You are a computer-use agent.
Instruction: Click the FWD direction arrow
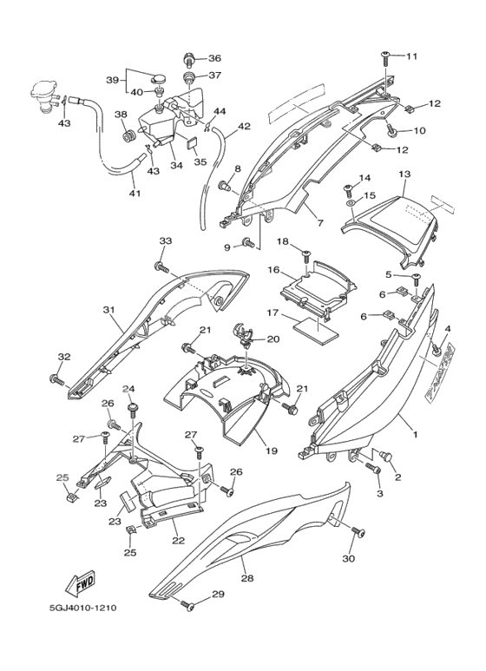(80, 582)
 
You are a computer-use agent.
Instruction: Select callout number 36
(214, 58)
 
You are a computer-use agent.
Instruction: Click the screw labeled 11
(385, 58)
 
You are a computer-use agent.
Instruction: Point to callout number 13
(404, 174)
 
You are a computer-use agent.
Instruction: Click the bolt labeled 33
(161, 268)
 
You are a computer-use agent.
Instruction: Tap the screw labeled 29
(187, 606)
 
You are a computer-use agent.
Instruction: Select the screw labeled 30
(358, 531)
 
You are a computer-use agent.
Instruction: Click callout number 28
(247, 578)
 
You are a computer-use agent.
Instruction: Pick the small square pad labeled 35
(193, 142)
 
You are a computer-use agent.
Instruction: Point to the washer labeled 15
(351, 202)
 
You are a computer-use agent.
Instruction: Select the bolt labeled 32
(57, 378)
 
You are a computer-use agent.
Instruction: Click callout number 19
(272, 451)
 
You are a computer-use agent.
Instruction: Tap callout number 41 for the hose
(135, 193)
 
